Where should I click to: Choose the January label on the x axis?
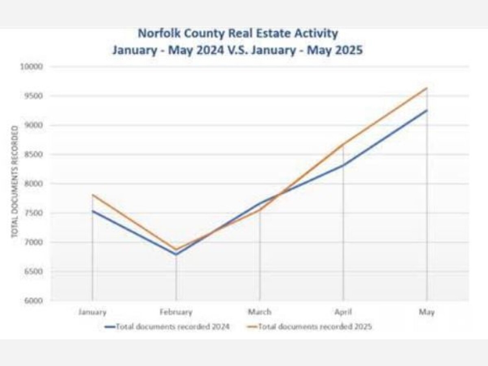(x=93, y=312)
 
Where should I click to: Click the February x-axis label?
(x=176, y=312)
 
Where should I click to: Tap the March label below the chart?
(x=260, y=312)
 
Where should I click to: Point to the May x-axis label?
(x=427, y=312)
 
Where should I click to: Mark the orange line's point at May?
(x=427, y=88)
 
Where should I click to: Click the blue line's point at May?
(x=427, y=110)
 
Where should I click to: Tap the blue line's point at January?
(x=93, y=211)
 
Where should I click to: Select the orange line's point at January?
(x=93, y=195)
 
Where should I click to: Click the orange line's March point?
(x=260, y=210)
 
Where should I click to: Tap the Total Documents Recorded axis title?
(x=15, y=182)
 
